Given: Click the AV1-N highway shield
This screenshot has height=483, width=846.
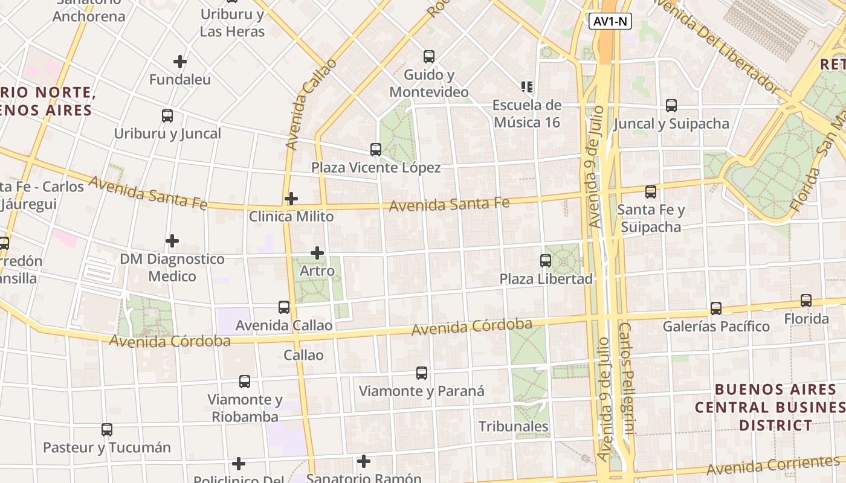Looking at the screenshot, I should coord(610,22).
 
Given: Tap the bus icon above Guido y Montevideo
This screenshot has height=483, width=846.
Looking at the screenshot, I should coord(429,57).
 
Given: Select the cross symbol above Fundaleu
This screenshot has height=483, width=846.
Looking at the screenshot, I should coord(180,62).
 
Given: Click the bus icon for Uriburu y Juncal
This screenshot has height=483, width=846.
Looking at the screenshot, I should coord(167,116).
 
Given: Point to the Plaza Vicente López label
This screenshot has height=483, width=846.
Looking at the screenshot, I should coord(376,167).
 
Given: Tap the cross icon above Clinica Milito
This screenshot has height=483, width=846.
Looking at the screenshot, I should coord(291,198).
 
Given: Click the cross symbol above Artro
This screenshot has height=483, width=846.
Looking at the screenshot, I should coord(317,253).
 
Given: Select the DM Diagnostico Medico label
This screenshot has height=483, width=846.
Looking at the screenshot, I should coord(172,267).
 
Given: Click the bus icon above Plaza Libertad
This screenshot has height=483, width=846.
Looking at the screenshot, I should coord(546,261).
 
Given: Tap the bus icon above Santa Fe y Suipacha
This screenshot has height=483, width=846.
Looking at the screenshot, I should coord(651,192).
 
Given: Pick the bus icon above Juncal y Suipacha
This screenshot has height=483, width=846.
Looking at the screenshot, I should coord(671,106).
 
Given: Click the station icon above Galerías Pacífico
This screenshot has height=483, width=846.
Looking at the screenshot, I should coord(716,309).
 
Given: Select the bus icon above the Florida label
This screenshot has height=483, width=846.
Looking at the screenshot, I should coord(806,301).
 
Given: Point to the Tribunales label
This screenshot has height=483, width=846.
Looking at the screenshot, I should coord(514,426).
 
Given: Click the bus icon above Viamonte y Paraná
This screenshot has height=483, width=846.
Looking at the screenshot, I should coord(422,373).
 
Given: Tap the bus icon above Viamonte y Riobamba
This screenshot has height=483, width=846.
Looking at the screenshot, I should coord(245,382).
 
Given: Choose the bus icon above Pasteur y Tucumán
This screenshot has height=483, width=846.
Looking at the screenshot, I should coord(107,430).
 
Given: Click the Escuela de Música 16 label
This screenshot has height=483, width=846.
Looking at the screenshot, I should coord(527,114).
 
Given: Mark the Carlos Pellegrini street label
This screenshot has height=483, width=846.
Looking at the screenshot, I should coord(627,379).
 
